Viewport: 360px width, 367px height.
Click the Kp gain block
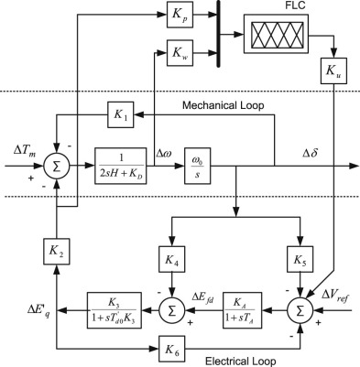[x=176, y=16]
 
